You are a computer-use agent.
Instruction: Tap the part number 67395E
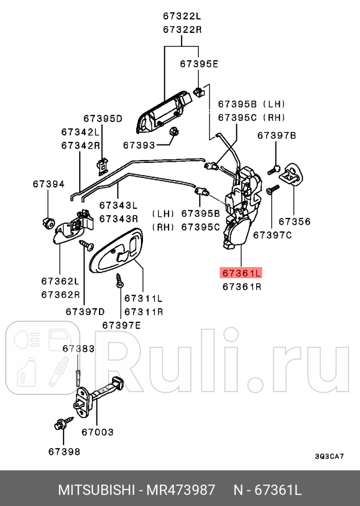[x=199, y=64]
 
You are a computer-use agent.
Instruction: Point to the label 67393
[x=140, y=143]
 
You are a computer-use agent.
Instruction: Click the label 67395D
[x=102, y=119]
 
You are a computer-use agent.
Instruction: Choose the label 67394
[x=49, y=184]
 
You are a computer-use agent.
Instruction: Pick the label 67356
[x=294, y=222]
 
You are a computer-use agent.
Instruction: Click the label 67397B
[x=277, y=136]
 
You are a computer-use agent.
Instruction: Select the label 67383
[x=78, y=348]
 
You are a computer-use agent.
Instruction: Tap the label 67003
[x=98, y=432]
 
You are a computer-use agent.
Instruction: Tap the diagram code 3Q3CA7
[x=329, y=456]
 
